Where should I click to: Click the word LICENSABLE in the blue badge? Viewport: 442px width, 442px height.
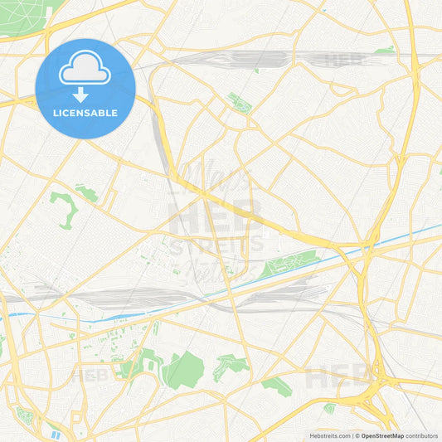85,112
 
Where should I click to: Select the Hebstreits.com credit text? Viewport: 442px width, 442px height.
329,435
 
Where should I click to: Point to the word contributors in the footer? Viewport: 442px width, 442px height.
422,435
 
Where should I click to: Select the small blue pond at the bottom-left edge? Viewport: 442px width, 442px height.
55,434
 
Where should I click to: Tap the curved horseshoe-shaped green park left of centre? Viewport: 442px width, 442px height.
63,208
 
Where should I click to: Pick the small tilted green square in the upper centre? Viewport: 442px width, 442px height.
239,104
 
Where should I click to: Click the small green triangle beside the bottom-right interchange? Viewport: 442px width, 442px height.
329,408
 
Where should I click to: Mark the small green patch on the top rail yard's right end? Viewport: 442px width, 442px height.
384,51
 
